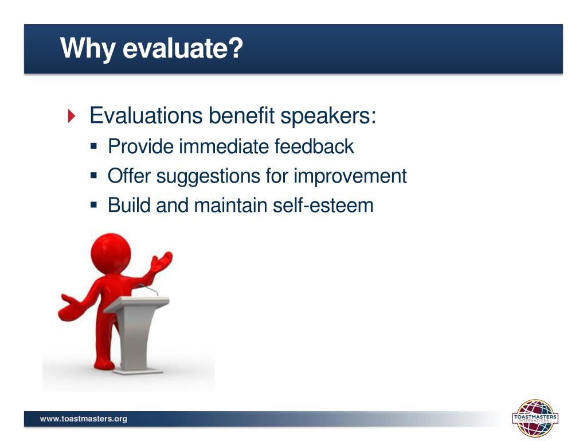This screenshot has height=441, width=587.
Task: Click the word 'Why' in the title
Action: click(88, 48)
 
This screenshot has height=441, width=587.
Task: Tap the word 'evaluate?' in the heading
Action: click(183, 48)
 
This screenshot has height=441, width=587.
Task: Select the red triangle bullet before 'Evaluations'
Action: click(72, 116)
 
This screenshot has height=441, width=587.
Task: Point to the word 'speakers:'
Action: click(328, 116)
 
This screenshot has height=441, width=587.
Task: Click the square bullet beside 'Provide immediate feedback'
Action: click(93, 146)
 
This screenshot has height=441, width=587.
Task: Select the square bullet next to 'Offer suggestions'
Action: click(93, 175)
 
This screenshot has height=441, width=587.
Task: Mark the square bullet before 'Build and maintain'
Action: click(93, 205)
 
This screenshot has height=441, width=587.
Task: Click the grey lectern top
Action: click(136, 304)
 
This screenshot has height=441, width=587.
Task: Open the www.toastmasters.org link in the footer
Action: click(84, 419)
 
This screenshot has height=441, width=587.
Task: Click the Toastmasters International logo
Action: click(535, 418)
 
